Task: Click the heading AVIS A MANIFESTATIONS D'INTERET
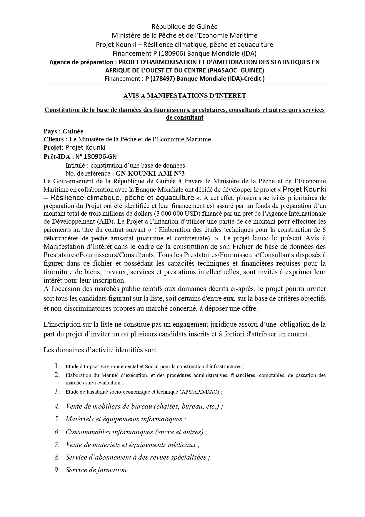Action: click(x=184, y=95)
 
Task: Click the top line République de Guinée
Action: click(x=184, y=27)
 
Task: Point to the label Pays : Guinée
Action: click(x=63, y=131)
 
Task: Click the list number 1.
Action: click(x=57, y=366)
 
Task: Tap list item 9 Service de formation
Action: click(x=96, y=470)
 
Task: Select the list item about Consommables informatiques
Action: click(x=136, y=432)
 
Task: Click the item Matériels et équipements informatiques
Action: click(x=126, y=419)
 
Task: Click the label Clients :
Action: click(x=56, y=139)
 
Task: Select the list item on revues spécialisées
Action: click(x=137, y=457)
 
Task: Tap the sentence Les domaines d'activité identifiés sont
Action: click(x=102, y=350)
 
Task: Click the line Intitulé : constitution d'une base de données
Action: click(x=125, y=165)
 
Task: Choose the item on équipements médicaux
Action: click(x=133, y=445)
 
